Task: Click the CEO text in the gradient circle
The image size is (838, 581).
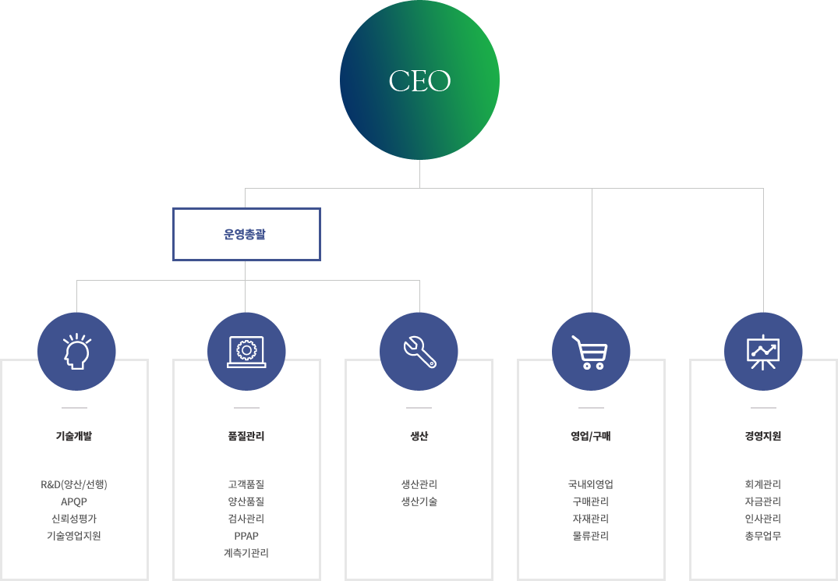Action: [x=419, y=80]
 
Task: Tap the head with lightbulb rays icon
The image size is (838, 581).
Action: [x=76, y=351]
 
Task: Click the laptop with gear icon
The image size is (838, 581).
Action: [x=246, y=351]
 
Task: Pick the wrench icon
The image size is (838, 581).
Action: [x=419, y=352]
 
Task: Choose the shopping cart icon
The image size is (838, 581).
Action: [x=589, y=352]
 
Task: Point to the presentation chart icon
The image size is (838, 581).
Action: [x=762, y=352]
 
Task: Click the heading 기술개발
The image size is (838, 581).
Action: [x=74, y=436]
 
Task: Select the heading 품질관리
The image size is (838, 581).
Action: [x=246, y=436]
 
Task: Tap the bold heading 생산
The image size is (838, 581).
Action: [x=419, y=436]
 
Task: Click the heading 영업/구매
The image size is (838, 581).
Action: [x=591, y=436]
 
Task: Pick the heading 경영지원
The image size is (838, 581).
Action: [x=763, y=436]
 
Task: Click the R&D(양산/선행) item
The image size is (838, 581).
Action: [x=74, y=485]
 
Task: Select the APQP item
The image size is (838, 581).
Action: [x=74, y=502]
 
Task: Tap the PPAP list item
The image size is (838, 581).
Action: [x=246, y=536]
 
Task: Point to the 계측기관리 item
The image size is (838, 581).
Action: [x=246, y=553]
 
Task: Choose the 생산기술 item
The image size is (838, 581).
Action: [x=419, y=502]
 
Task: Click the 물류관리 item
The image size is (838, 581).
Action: [x=591, y=536]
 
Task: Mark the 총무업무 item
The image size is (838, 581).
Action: [x=763, y=536]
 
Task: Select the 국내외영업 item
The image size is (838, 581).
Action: [x=591, y=485]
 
